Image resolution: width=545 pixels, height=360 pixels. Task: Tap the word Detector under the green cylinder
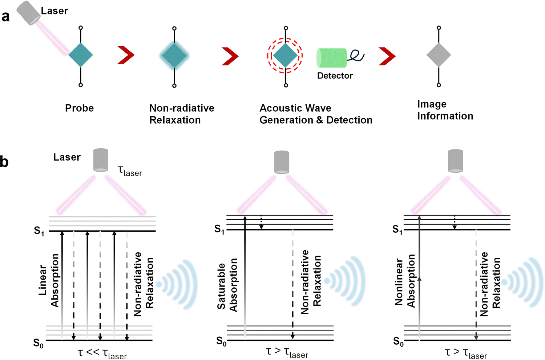click(x=335, y=76)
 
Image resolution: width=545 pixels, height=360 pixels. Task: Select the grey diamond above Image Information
click(x=439, y=55)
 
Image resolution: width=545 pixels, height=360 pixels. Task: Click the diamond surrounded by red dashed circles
click(x=285, y=56)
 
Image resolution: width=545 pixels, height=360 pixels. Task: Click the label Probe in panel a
click(x=79, y=108)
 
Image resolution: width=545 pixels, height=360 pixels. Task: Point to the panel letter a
click(x=5, y=17)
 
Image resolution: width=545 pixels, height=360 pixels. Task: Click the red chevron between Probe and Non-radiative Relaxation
click(x=126, y=56)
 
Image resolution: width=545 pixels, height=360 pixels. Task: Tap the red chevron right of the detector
click(x=387, y=56)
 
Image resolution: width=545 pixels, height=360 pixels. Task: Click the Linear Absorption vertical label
click(x=49, y=280)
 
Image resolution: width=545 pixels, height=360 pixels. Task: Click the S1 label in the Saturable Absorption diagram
click(x=219, y=229)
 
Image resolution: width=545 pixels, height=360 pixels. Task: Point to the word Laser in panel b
click(x=67, y=157)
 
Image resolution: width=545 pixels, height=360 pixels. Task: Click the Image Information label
click(x=445, y=110)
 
